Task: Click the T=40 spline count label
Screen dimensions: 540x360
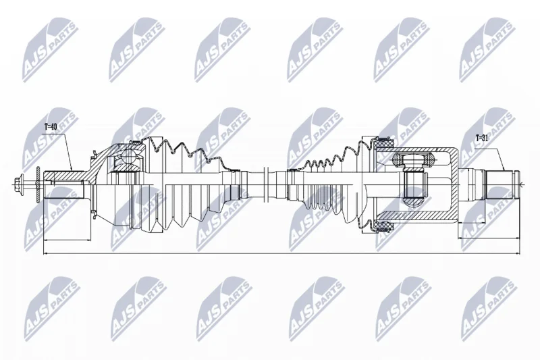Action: pyautogui.click(x=51, y=127)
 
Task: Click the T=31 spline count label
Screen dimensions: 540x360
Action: pyautogui.click(x=483, y=139)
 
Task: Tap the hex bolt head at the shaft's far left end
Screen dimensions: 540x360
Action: pyautogui.click(x=19, y=186)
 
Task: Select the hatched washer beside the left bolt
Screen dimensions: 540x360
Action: pyautogui.click(x=38, y=186)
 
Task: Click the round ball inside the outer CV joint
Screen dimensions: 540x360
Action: pyautogui.click(x=129, y=156)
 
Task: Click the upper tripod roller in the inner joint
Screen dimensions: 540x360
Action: pyautogui.click(x=413, y=159)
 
